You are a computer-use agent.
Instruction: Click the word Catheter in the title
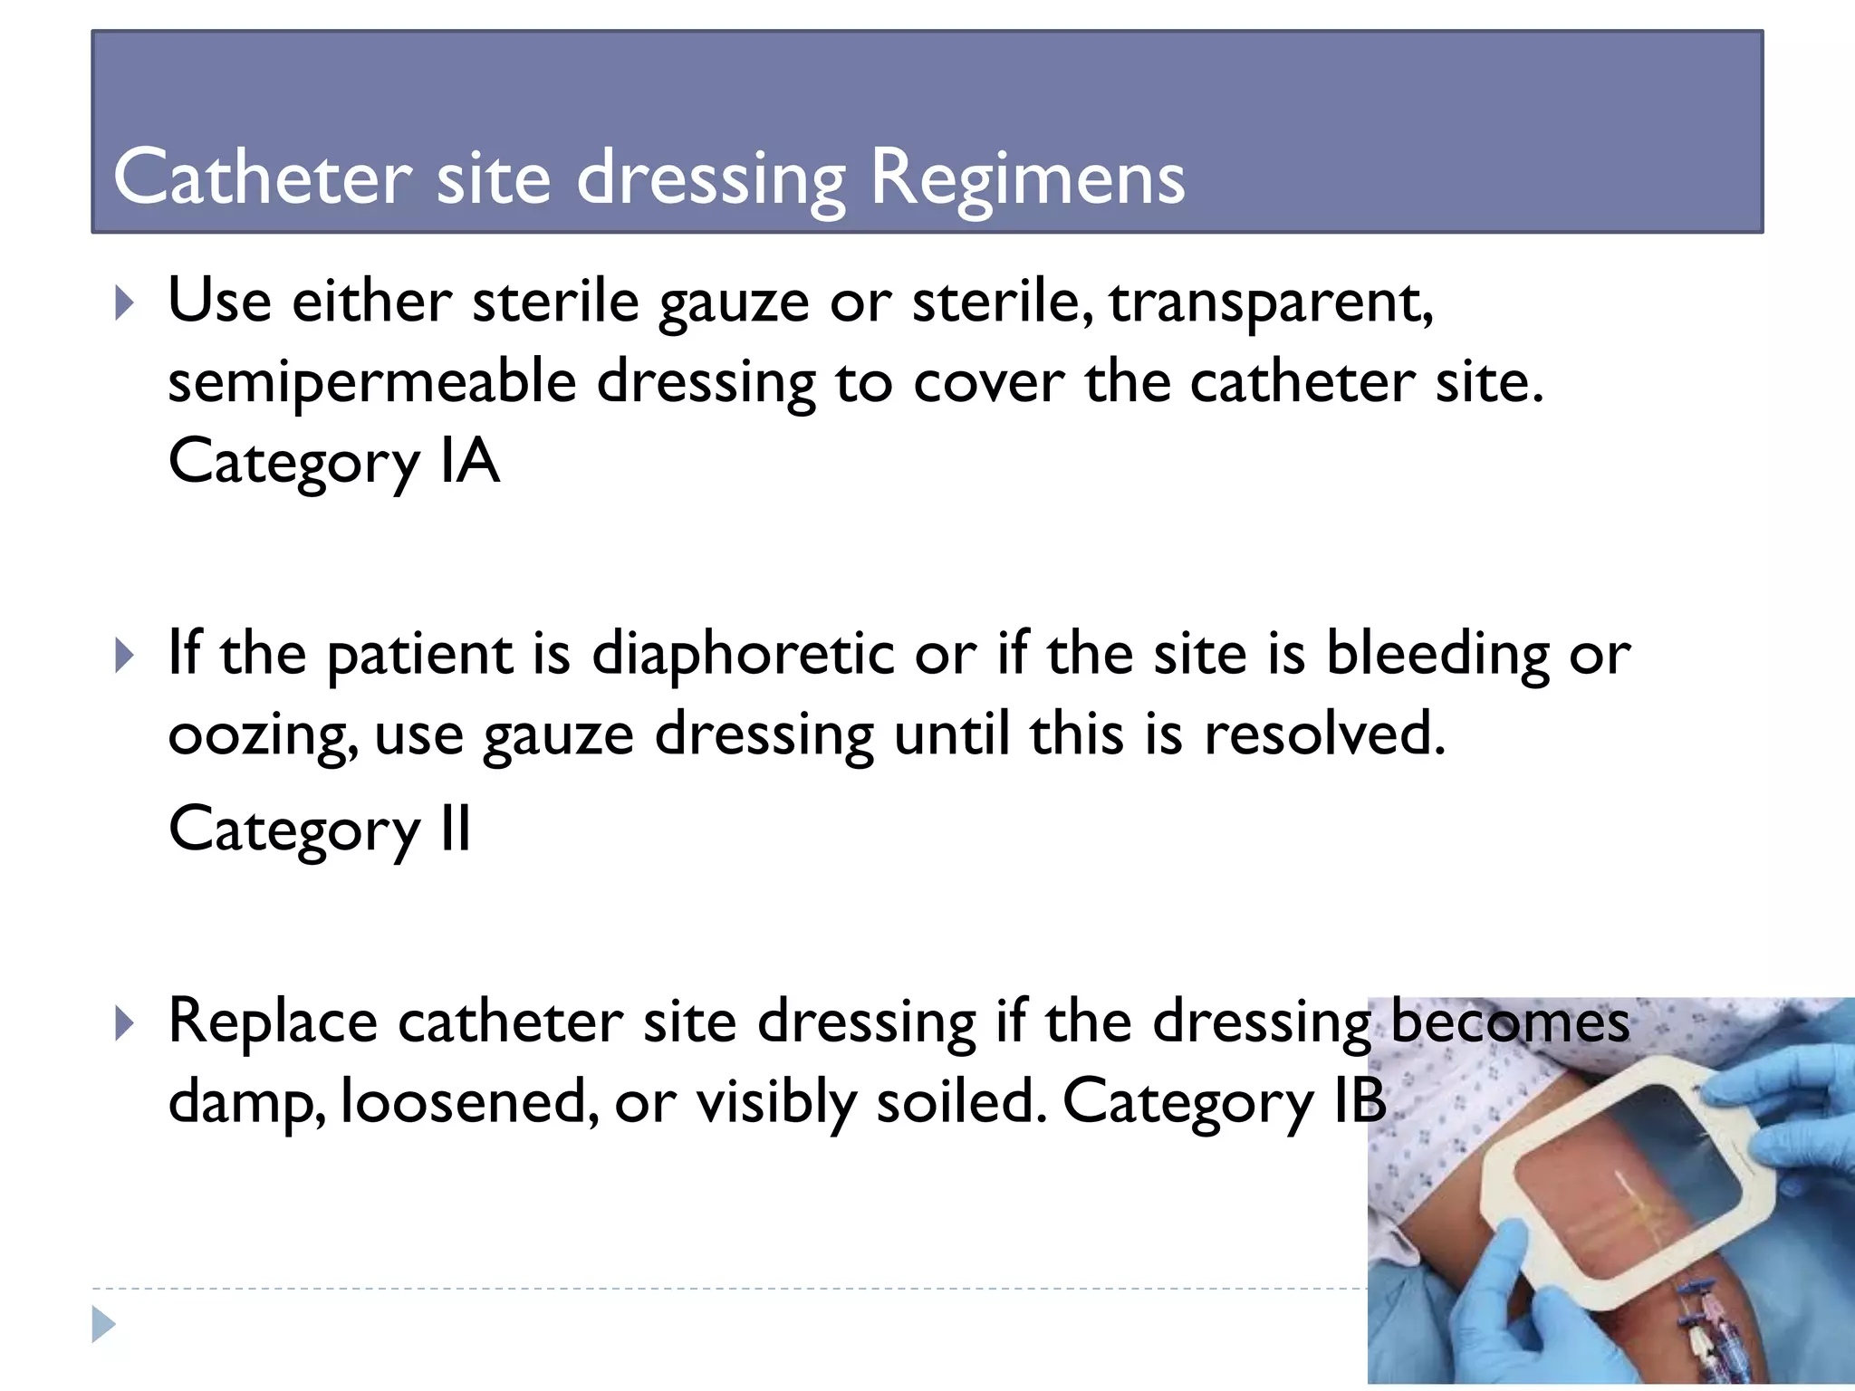263,177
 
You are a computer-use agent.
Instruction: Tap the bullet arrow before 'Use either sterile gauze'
125,303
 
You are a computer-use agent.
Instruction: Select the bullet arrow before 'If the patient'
125,655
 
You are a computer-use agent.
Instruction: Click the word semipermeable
372,382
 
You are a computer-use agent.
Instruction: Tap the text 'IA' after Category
469,462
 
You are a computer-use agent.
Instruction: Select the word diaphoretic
743,654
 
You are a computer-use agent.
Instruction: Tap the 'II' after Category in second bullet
456,829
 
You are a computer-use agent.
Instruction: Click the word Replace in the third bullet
273,1022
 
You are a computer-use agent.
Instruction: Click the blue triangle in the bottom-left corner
103,1324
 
